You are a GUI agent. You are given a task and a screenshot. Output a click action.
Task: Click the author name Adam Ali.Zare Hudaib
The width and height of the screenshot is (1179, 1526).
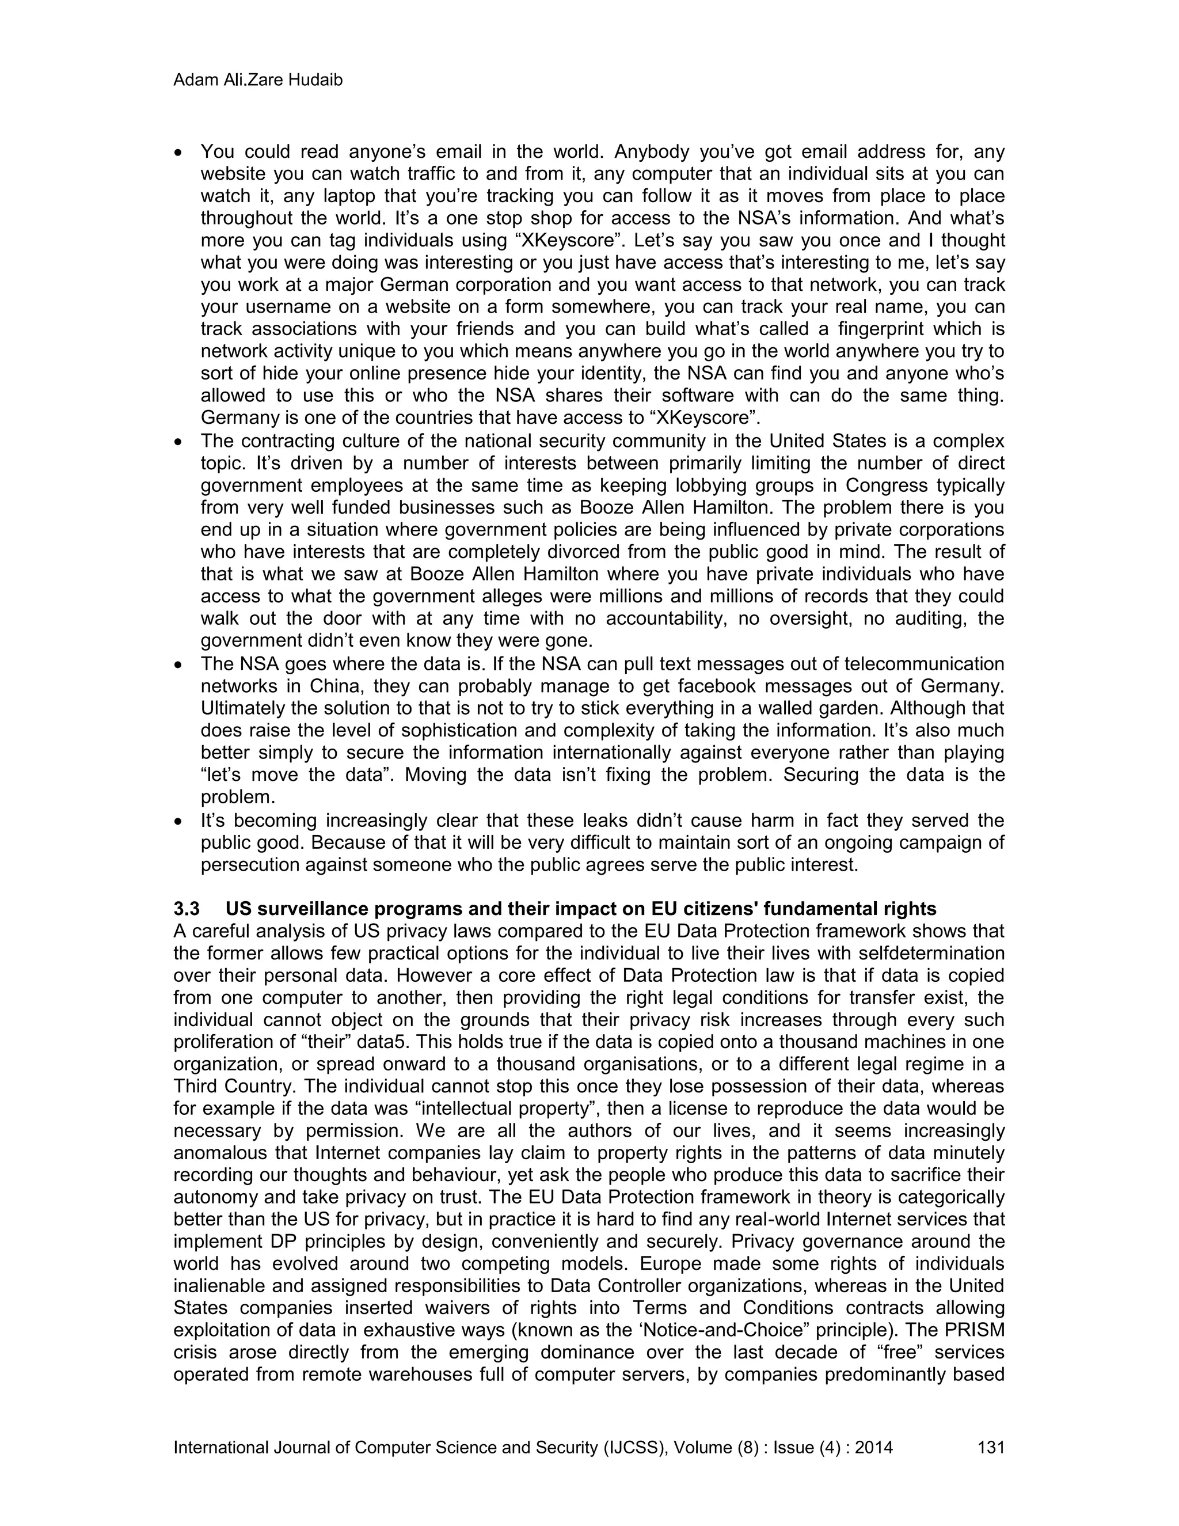[258, 81]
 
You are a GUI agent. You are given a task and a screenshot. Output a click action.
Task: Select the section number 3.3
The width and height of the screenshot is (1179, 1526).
[187, 909]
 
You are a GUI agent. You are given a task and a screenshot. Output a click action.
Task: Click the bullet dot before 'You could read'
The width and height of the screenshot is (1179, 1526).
[179, 151]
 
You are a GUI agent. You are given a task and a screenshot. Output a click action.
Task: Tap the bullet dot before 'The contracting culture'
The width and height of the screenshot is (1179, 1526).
[179, 442]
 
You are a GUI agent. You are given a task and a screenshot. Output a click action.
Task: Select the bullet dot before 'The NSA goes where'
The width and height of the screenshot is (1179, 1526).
[179, 664]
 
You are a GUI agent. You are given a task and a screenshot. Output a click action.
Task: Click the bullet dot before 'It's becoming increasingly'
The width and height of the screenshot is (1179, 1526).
[179, 820]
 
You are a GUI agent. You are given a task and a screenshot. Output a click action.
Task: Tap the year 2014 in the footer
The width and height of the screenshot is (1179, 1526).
[874, 1447]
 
